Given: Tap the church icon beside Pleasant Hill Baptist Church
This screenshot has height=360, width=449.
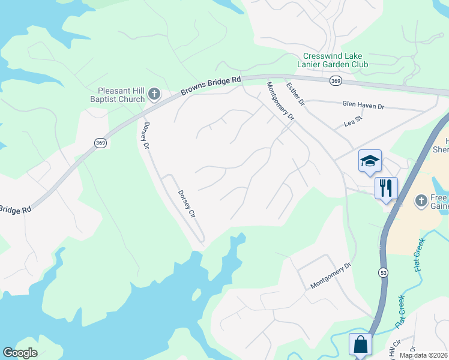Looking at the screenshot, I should click(x=154, y=94).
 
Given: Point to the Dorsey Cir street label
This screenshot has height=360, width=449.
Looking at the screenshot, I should click(x=187, y=203).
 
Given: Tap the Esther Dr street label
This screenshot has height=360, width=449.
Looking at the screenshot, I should click(x=295, y=94).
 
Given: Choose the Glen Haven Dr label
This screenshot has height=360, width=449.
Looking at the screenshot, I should click(x=363, y=106).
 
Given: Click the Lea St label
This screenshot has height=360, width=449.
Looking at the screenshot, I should click(x=354, y=121).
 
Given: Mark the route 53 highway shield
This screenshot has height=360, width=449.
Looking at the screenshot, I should click(x=382, y=272).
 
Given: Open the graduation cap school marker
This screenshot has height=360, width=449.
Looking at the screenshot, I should click(x=370, y=161).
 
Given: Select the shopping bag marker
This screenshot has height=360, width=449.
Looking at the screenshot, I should click(x=360, y=344).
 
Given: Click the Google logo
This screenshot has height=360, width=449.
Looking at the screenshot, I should click(x=20, y=353).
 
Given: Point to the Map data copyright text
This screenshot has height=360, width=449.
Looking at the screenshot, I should click(x=424, y=355).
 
